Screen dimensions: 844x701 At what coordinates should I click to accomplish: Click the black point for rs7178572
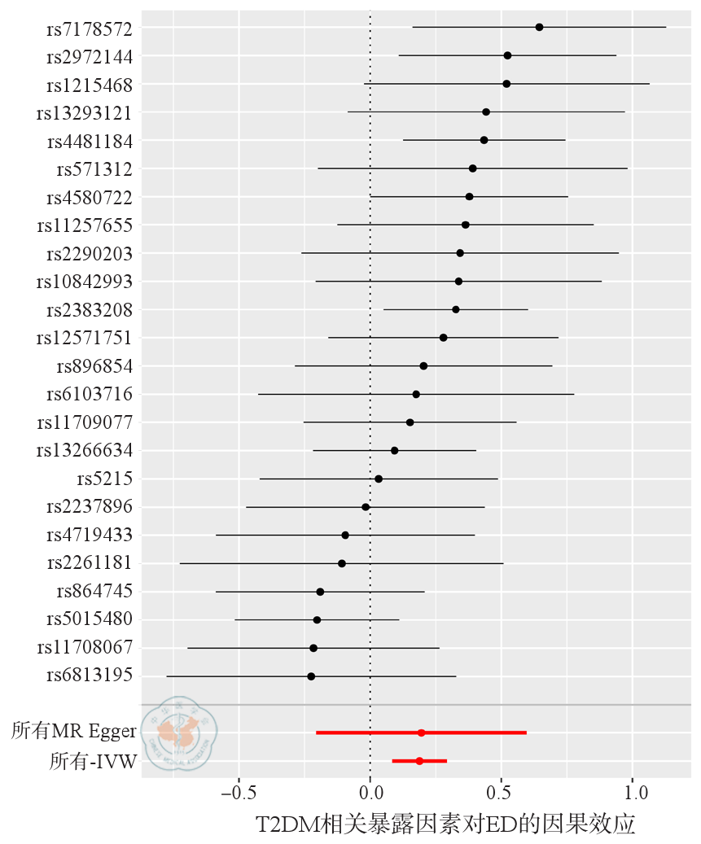(539, 27)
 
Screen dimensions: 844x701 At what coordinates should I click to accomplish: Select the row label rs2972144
(90, 56)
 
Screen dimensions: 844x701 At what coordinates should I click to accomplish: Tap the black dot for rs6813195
(311, 676)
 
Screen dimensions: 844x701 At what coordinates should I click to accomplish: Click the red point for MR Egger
(421, 732)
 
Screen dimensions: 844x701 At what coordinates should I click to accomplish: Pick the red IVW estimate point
(419, 761)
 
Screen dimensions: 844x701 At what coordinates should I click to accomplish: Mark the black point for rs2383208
(456, 309)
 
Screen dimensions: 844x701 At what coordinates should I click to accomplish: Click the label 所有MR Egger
(73, 732)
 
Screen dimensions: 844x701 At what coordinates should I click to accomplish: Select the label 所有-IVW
(93, 761)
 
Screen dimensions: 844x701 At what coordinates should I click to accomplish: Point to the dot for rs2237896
(366, 507)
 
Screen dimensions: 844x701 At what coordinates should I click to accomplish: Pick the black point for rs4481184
(484, 140)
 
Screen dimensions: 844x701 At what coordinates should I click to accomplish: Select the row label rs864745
(94, 591)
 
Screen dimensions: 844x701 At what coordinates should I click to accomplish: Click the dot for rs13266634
(395, 450)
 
